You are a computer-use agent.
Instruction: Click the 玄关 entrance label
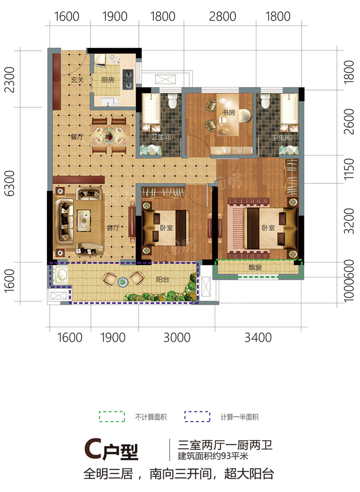pos(77,80)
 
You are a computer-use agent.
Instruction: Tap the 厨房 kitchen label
pos(108,80)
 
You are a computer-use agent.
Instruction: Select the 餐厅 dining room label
pos(77,137)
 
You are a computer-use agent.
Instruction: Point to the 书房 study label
pos(228,112)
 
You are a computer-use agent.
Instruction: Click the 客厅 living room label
pos(112,227)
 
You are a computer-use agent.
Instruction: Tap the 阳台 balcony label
pos(162,279)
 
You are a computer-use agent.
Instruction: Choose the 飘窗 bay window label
pos(255,267)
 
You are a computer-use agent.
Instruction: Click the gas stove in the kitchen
pos(128,79)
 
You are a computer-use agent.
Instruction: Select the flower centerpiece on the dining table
pos(110,136)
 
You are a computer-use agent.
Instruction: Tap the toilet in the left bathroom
pos(172,100)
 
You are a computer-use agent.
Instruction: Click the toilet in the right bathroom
pos(265,100)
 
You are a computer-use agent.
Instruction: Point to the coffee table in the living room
pos(84,220)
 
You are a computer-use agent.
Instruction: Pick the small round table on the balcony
pos(123,282)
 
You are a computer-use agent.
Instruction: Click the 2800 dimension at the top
pos(222,16)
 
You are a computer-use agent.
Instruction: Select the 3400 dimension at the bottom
pos(258,338)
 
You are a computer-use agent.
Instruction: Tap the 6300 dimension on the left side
pos(10,183)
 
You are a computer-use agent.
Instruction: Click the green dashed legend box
pos(112,417)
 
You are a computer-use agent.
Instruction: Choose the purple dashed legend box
pos(197,417)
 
